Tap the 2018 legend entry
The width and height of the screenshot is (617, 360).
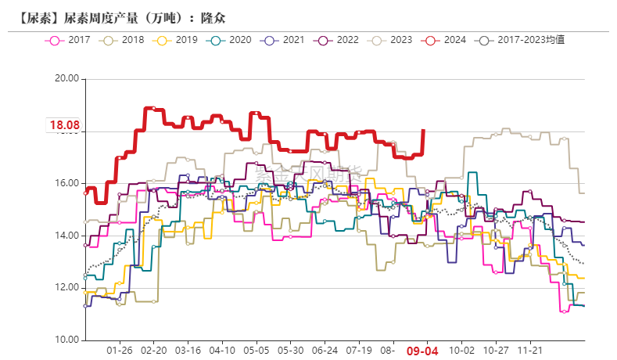[x=124, y=39]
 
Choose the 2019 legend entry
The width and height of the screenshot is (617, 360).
[x=178, y=39]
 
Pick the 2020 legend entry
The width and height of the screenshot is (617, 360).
[x=231, y=39]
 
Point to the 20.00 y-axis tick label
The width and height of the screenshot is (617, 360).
[x=68, y=79]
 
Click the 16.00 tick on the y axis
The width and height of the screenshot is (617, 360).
[x=68, y=183]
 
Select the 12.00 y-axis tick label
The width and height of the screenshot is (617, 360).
[x=68, y=288]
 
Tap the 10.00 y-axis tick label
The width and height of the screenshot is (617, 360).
[x=68, y=340]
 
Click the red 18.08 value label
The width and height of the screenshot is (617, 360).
[x=65, y=125]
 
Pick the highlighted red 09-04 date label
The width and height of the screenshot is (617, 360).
[x=421, y=352]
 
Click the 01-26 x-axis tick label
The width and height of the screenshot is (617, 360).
[x=120, y=352]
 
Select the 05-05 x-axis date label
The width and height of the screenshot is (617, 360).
[x=256, y=352]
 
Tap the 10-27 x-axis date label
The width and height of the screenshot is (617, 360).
[x=497, y=352]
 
